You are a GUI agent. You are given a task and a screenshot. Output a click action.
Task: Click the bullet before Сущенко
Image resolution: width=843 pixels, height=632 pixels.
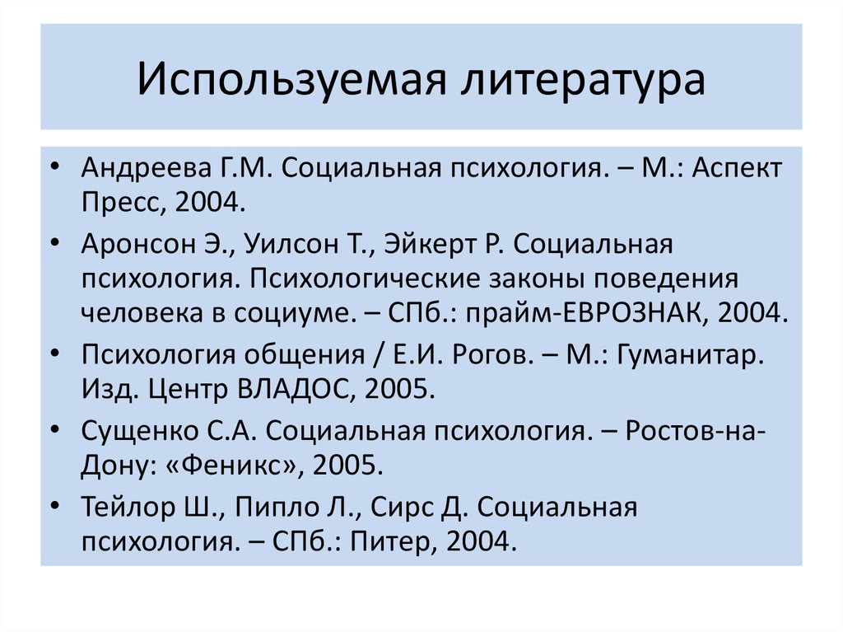tap(54, 429)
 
